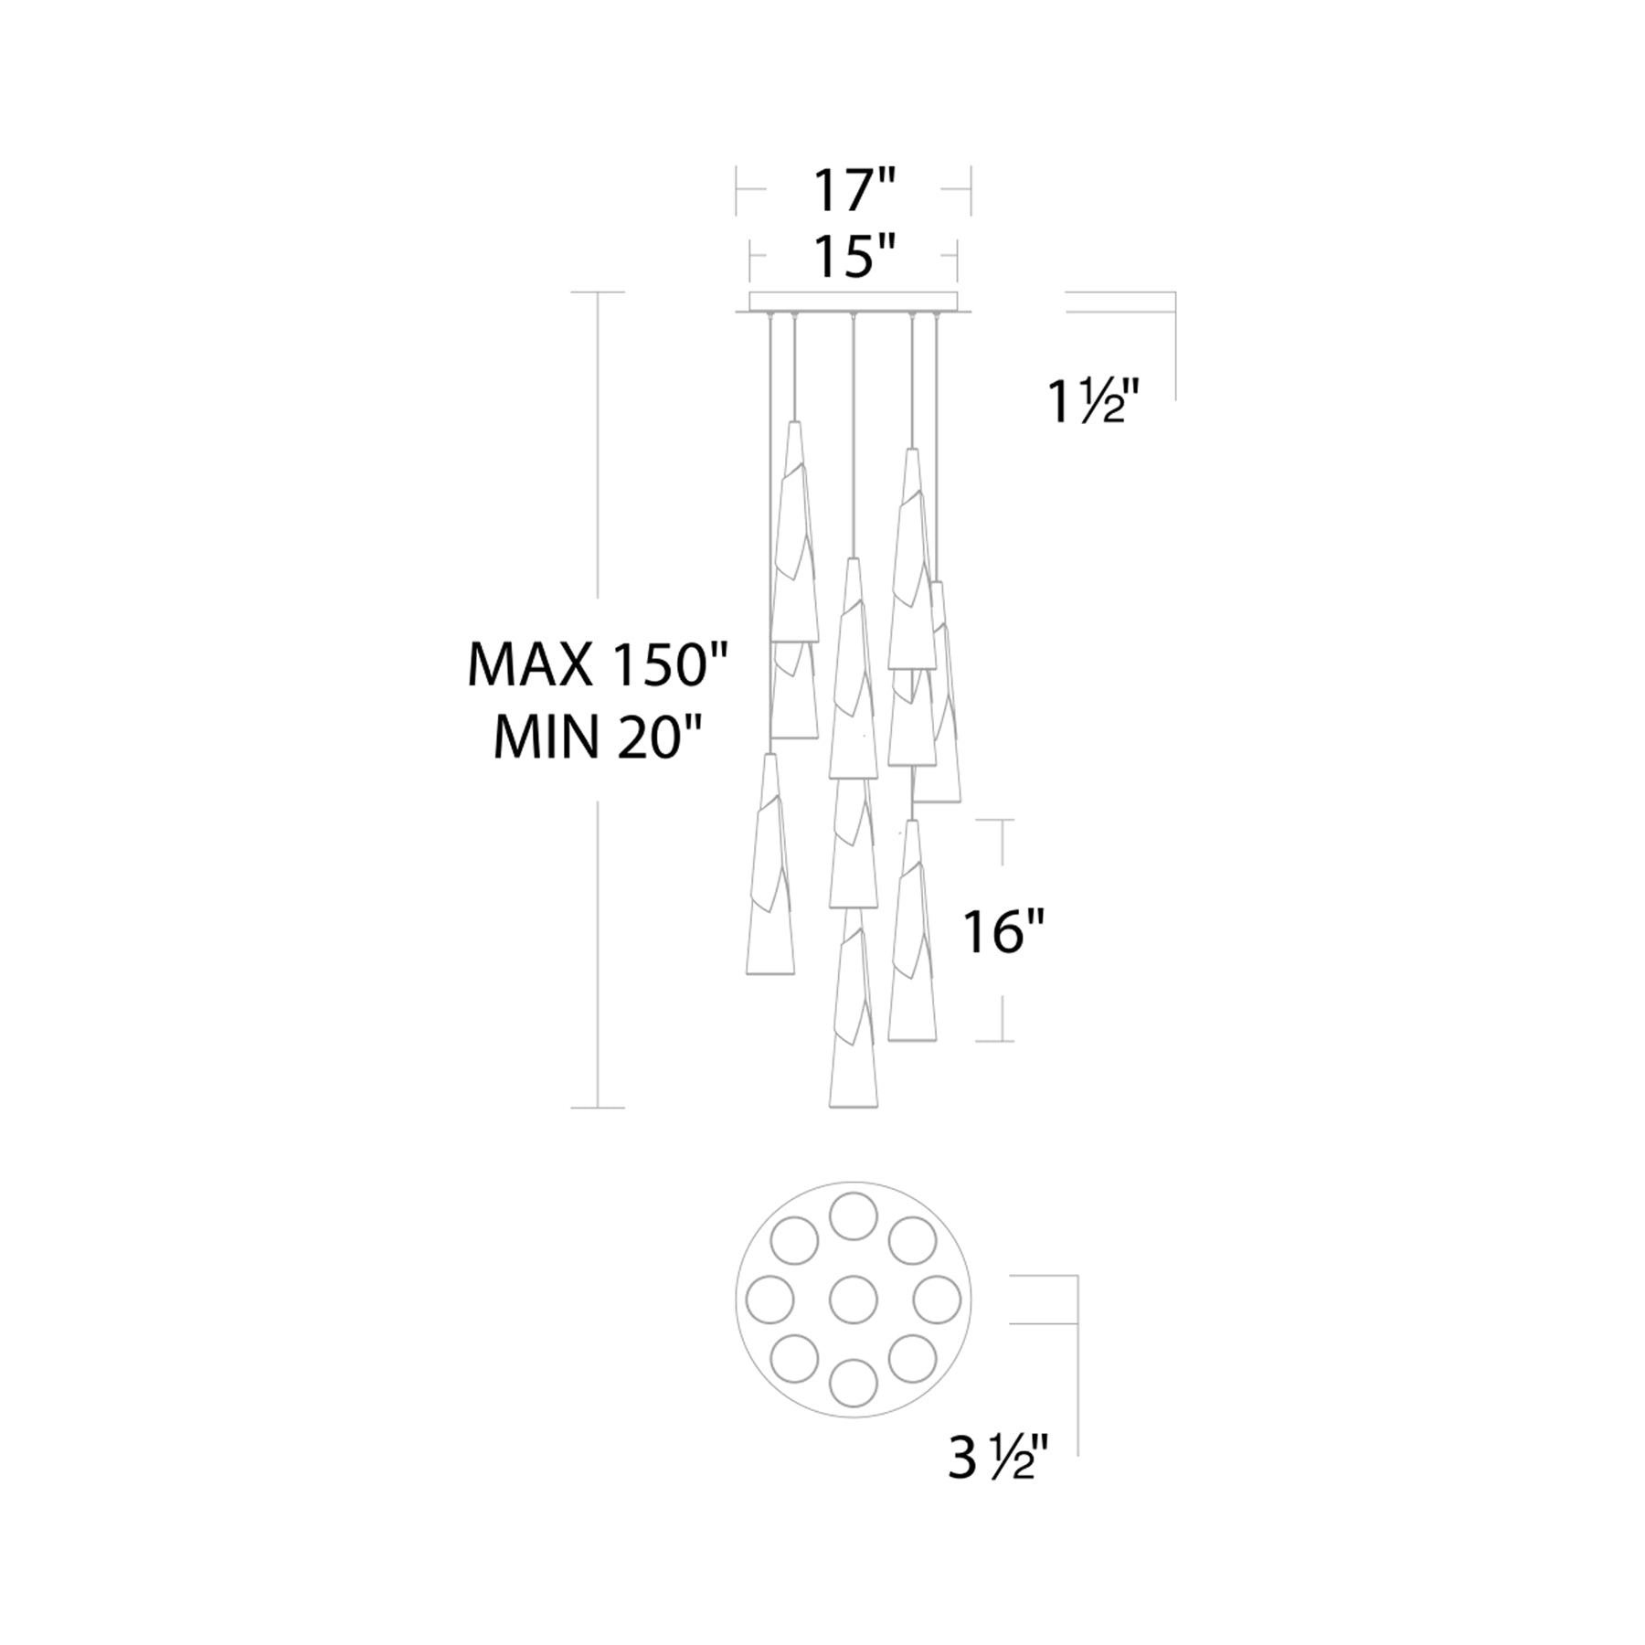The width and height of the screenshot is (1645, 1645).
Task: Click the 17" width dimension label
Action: pyautogui.click(x=854, y=191)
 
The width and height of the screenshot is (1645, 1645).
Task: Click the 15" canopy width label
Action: pyautogui.click(x=854, y=258)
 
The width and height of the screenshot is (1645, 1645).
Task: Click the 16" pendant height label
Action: pyautogui.click(x=1003, y=933)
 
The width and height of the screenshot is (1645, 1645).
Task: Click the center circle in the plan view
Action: pyautogui.click(x=854, y=1299)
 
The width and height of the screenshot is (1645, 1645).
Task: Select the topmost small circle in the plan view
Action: pyautogui.click(x=854, y=1215)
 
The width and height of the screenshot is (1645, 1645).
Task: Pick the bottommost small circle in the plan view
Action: pyautogui.click(x=854, y=1383)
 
